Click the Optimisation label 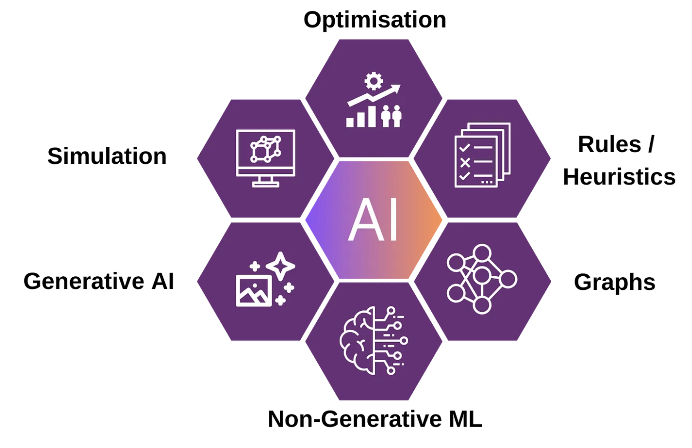click(375, 20)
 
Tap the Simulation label click(107, 156)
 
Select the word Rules click(609, 144)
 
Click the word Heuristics click(619, 177)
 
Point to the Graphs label click(615, 282)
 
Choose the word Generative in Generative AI click(84, 281)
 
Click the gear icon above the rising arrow click(373, 81)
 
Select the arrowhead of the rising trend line click(395, 89)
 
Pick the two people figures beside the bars click(391, 116)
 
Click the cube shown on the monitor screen click(266, 149)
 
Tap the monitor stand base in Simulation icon click(266, 184)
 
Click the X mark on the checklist click(465, 163)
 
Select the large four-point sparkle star click(281, 266)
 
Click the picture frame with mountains click(254, 291)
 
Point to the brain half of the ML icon click(357, 341)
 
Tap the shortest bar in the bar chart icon click(350, 122)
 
